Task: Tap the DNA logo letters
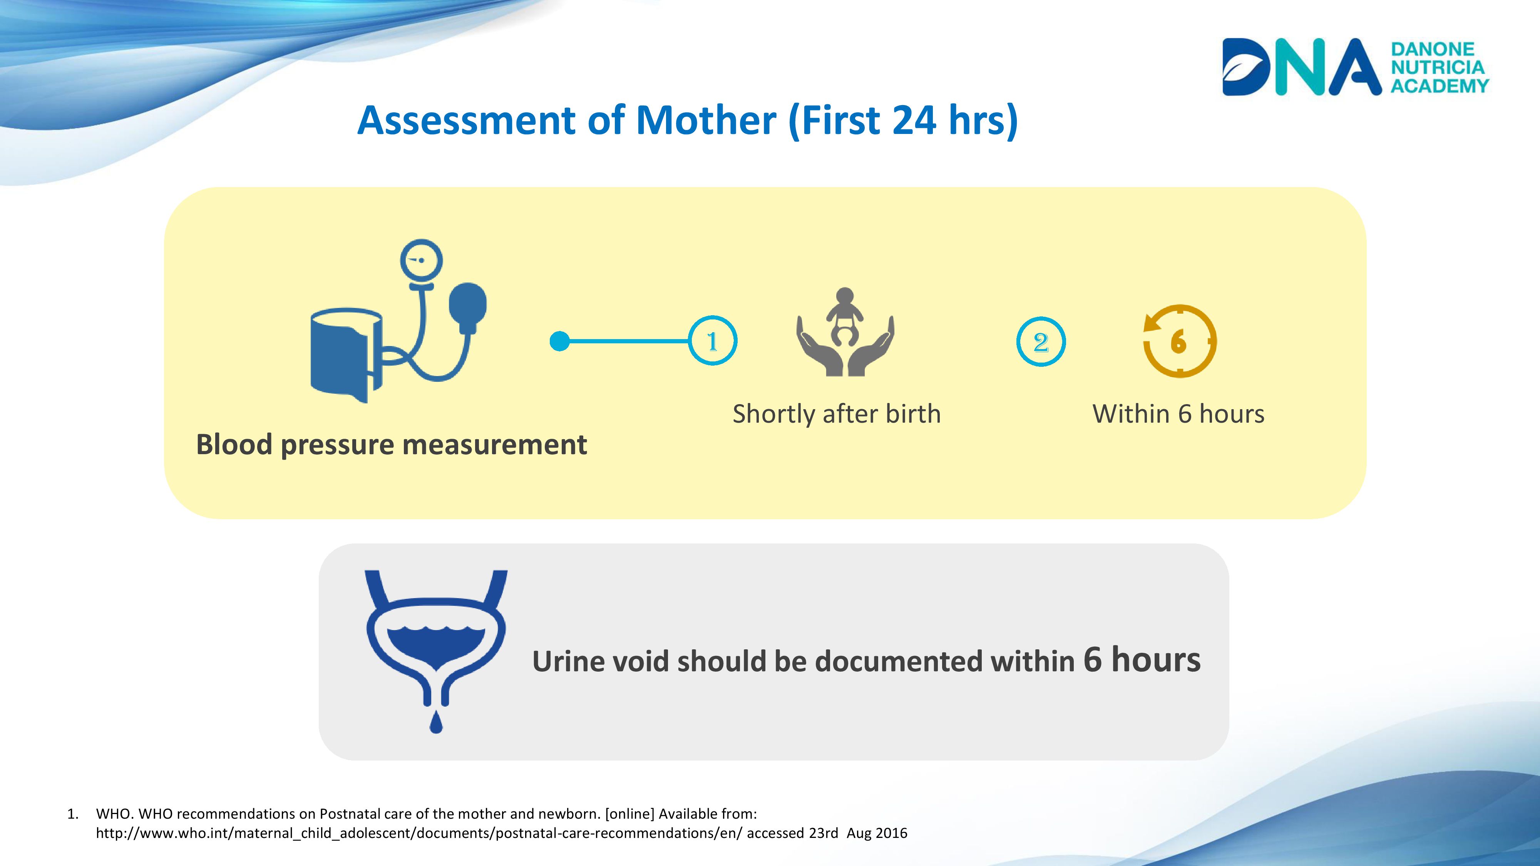click(x=1301, y=67)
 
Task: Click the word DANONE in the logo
click(x=1432, y=49)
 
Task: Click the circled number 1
click(x=712, y=341)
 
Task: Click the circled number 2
click(x=1041, y=342)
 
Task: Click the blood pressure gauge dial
click(x=422, y=261)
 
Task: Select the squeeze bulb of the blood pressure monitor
click(x=468, y=308)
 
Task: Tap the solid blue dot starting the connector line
click(x=559, y=341)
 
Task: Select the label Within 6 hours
click(x=1178, y=414)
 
